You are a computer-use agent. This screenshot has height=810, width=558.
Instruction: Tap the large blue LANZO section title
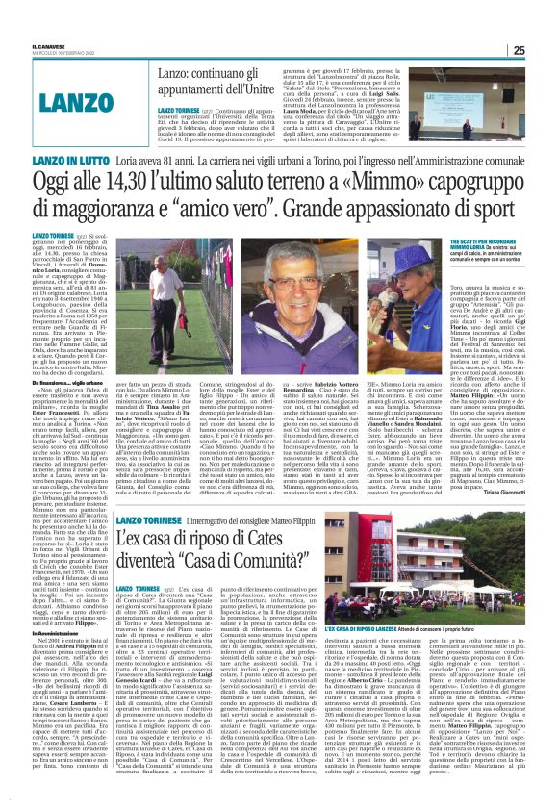click(78, 99)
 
